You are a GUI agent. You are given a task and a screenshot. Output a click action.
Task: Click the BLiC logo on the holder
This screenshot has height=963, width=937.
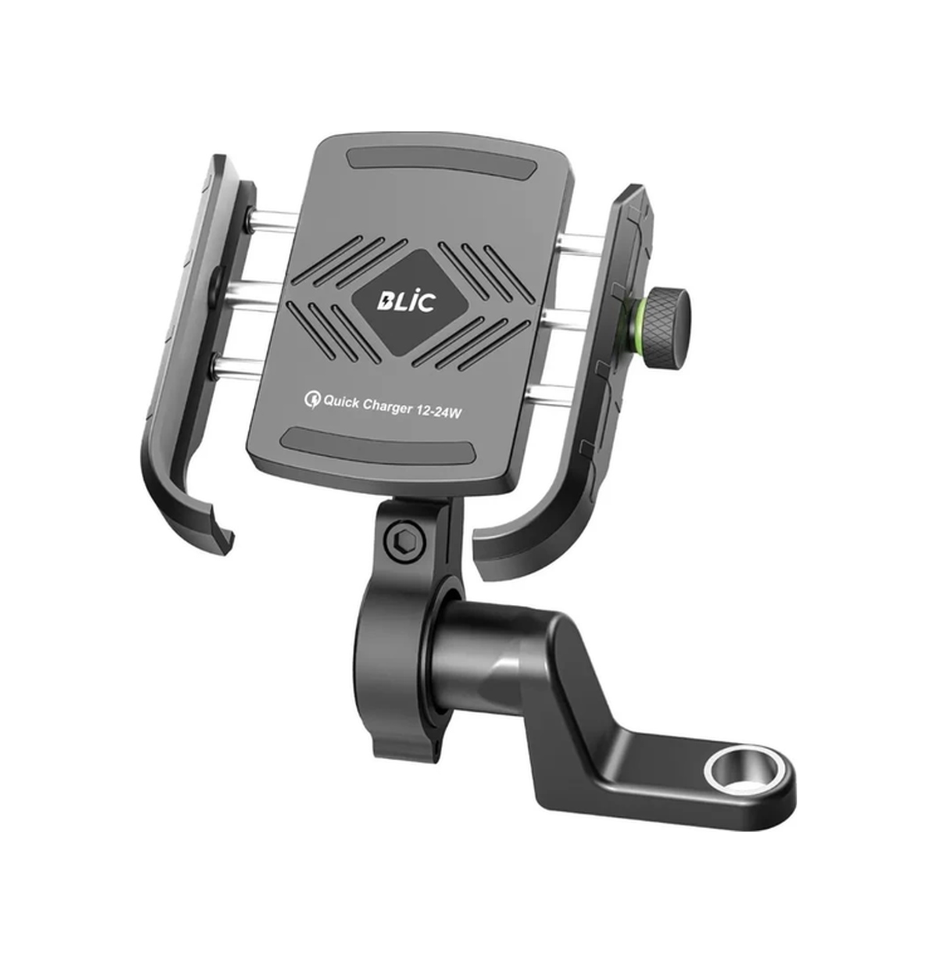pyautogui.click(x=406, y=301)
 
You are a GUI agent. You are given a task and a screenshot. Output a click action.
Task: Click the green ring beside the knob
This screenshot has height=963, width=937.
pyautogui.click(x=637, y=323)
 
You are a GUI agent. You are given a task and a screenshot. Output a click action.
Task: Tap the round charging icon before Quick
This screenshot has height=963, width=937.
pyautogui.click(x=312, y=399)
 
